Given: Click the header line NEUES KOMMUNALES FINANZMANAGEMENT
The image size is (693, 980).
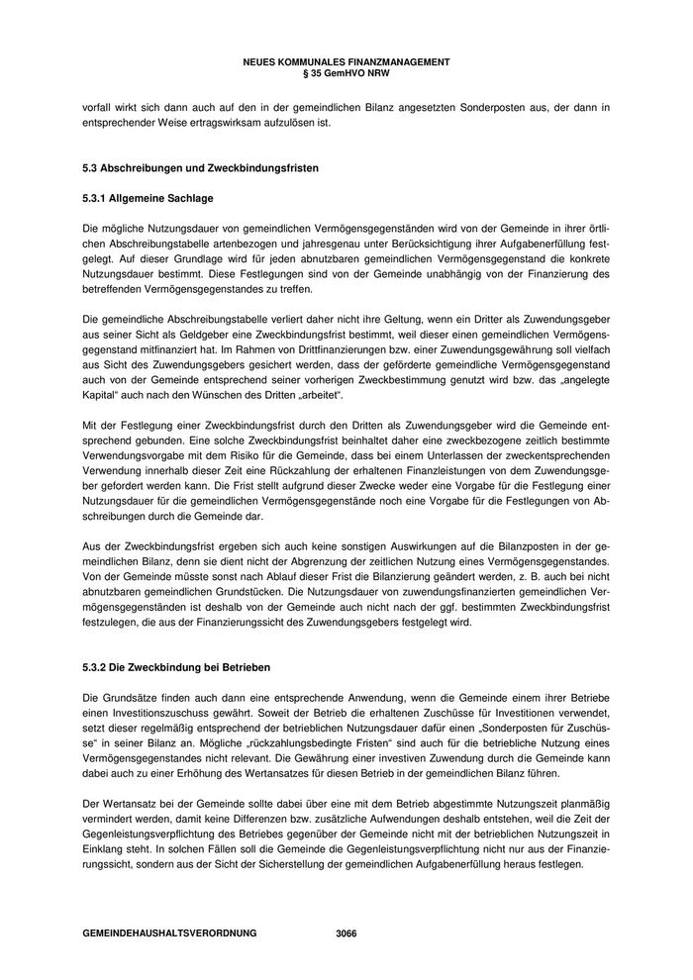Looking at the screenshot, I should click(346, 61).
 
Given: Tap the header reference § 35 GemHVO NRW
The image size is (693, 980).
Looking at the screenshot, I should click(346, 72).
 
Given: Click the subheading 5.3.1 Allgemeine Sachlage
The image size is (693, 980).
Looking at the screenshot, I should click(148, 198).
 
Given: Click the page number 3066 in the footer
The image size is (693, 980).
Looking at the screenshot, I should click(346, 933).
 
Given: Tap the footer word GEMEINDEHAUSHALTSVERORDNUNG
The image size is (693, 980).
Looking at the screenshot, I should click(170, 933).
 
